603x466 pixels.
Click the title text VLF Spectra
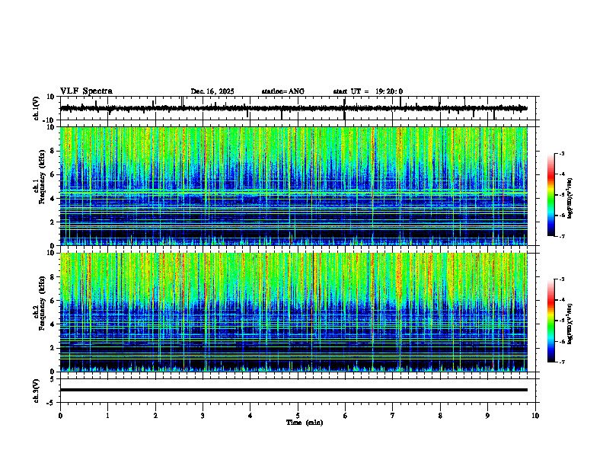coord(86,91)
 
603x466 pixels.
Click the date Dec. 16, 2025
coord(212,91)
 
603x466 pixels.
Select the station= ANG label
coord(282,91)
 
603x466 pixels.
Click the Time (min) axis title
coord(304,423)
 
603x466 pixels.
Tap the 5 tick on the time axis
coord(298,416)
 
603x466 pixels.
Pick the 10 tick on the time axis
coord(536,416)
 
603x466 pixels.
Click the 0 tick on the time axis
coord(60,416)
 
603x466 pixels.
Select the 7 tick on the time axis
coord(393,416)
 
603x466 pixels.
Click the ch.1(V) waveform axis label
coord(36,108)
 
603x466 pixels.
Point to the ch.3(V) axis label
coord(36,389)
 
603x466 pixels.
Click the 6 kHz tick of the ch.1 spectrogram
coord(53,174)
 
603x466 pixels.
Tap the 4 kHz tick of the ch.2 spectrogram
coord(53,324)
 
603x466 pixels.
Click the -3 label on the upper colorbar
coord(562,154)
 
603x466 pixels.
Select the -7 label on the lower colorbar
coord(562,362)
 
